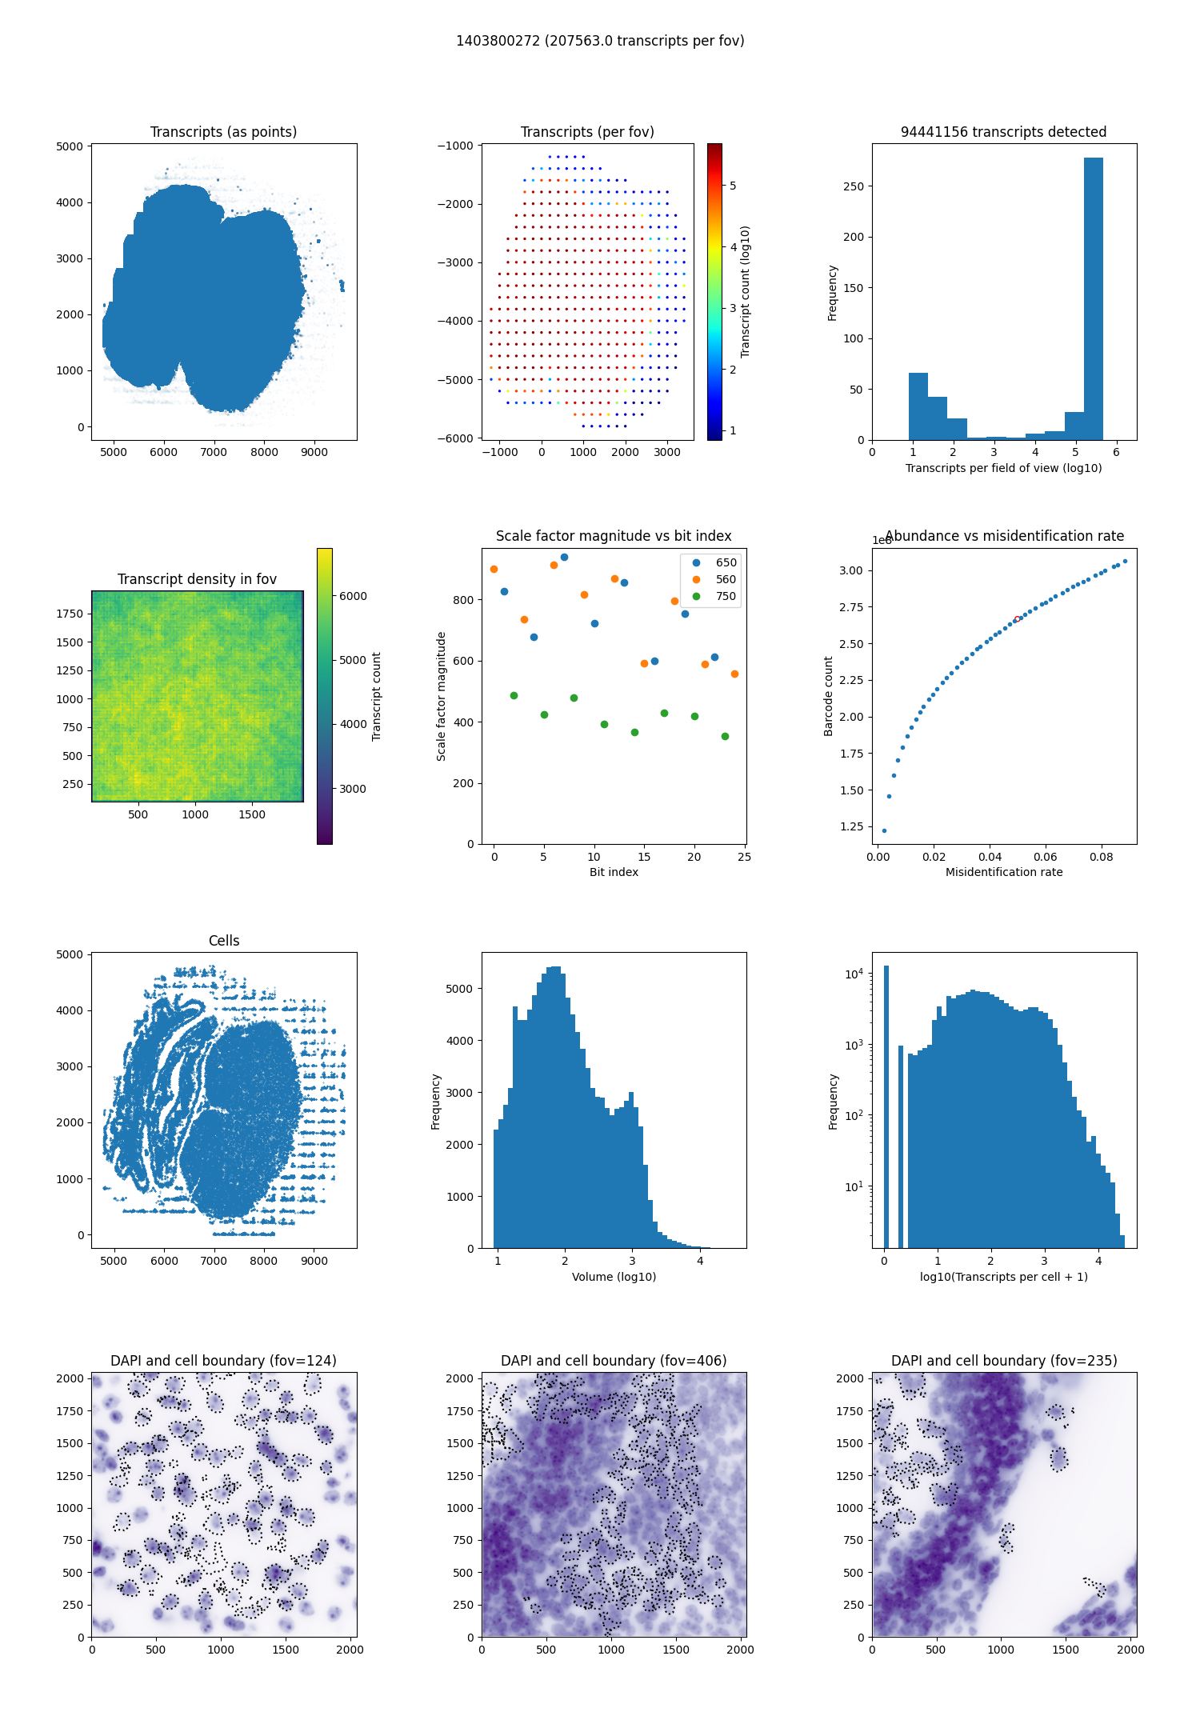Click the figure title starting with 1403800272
600,41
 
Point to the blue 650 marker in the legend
696,562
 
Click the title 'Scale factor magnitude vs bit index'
614,536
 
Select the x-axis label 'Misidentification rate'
1004,872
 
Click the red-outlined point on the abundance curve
1017,618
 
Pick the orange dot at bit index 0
494,570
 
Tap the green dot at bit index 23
725,736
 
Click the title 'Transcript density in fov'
197,579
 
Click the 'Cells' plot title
224,941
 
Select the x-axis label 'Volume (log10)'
614,1277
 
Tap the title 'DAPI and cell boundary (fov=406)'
614,1361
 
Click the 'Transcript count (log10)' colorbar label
746,291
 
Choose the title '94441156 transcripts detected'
1003,132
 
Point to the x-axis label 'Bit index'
614,872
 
